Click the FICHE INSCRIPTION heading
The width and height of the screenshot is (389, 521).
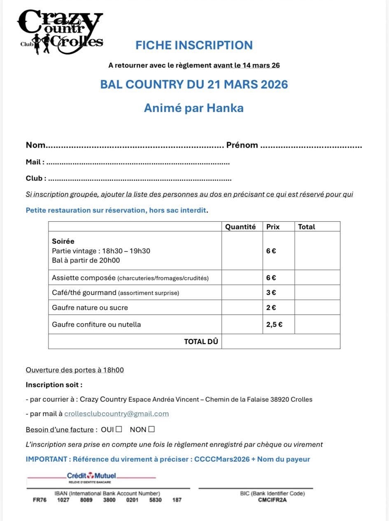point(194,45)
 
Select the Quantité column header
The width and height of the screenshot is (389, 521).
point(240,227)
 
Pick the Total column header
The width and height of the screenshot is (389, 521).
point(306,227)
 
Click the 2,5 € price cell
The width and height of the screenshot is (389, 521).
point(274,324)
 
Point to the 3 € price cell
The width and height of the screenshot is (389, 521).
point(271,293)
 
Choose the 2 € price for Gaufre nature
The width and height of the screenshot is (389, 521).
point(271,307)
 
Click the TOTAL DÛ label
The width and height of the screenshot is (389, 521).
point(201,342)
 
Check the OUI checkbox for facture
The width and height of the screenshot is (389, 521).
point(119,429)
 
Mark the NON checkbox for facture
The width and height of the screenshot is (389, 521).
point(151,429)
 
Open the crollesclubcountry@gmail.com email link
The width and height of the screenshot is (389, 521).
point(116,414)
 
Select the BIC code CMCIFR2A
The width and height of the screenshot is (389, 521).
point(272,500)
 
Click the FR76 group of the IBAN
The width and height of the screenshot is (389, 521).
point(39,500)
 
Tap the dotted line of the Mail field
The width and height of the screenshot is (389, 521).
point(138,163)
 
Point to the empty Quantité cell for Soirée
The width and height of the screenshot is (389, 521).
point(242,251)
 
